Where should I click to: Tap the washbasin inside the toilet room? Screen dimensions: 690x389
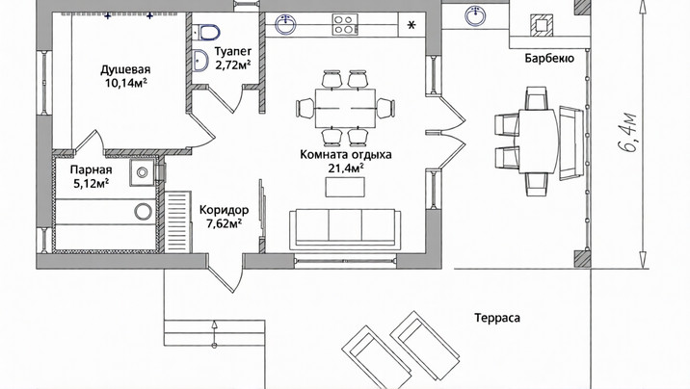[x=200, y=60]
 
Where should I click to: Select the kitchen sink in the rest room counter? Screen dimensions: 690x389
[x=285, y=24]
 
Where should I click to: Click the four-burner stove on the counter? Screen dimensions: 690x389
[x=345, y=24]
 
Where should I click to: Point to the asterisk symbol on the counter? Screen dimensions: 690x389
[x=411, y=25]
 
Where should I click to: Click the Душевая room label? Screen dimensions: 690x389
[x=125, y=69]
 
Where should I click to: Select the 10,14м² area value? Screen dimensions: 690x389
[x=126, y=83]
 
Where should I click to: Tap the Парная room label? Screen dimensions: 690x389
[x=92, y=169]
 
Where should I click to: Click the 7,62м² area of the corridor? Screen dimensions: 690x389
[x=225, y=223]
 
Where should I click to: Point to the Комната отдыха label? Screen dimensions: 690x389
[x=346, y=155]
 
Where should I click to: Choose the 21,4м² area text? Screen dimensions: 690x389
[x=346, y=168]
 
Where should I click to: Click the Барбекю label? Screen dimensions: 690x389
[x=549, y=59]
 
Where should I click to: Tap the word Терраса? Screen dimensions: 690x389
[x=497, y=318]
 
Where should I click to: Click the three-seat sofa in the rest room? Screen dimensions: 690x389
[x=345, y=229]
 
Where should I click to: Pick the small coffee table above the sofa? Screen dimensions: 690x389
[x=345, y=187]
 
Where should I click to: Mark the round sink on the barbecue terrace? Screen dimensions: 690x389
[x=475, y=15]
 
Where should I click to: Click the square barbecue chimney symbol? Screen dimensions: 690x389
[x=542, y=24]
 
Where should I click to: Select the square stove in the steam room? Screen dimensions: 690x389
[x=142, y=172]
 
